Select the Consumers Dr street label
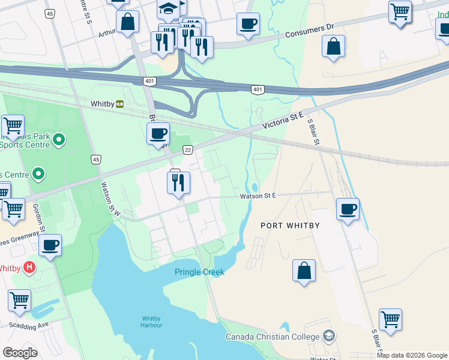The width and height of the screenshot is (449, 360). tap(309, 29)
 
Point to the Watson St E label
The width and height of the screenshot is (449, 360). tap(258, 196)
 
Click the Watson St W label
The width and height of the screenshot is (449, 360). tap(111, 199)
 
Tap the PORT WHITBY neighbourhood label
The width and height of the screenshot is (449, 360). tap(290, 226)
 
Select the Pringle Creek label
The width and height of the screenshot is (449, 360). tap(199, 272)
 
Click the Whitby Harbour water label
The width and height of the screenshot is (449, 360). tap(151, 322)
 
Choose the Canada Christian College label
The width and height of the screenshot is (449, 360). tap(273, 337)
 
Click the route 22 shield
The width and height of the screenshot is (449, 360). tap(188, 149)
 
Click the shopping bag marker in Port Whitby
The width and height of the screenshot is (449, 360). tap(304, 271)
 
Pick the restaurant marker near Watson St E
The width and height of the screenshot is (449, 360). tap(178, 183)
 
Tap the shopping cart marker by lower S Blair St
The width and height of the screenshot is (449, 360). tap(390, 320)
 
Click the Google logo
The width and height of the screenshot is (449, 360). tap(20, 353)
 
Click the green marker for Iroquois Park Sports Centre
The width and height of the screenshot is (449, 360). tap(59, 141)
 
